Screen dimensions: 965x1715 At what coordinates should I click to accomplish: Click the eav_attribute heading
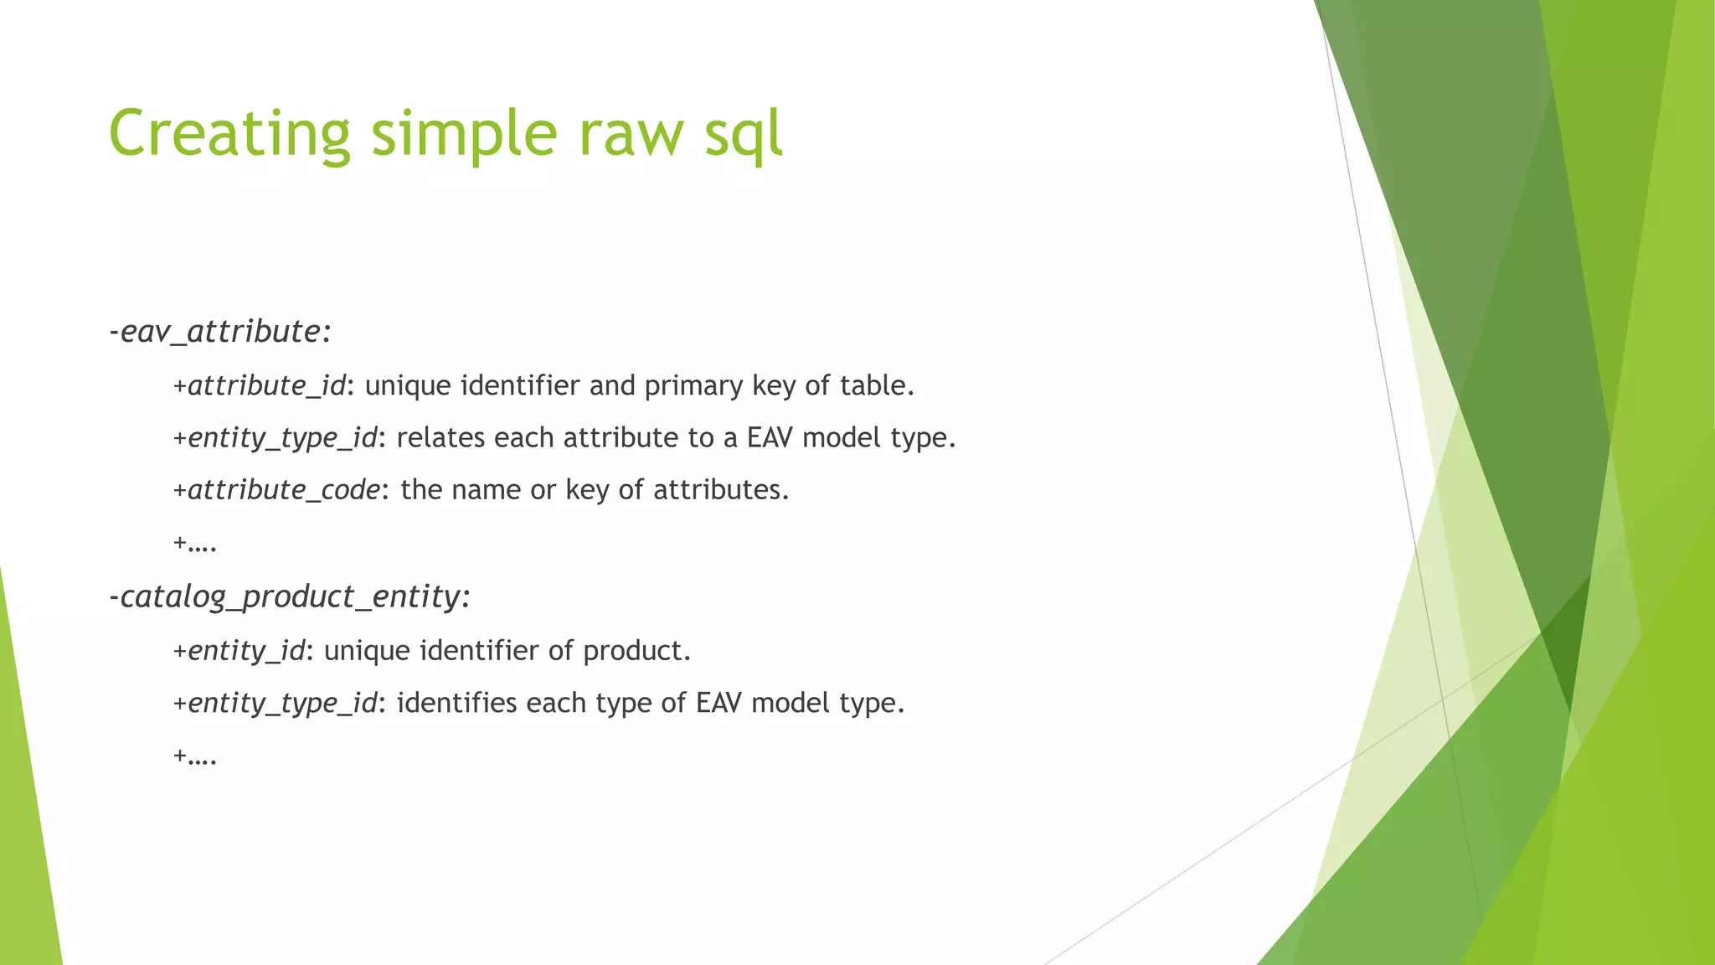pos(220,332)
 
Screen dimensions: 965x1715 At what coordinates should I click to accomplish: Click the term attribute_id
pos(266,385)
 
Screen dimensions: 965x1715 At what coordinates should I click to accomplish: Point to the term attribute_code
pos(284,489)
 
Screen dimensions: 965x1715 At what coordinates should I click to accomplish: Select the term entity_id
pos(246,650)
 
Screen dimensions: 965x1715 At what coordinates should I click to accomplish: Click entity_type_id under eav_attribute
pos(282,438)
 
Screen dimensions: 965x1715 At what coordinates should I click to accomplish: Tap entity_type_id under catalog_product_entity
pos(282,703)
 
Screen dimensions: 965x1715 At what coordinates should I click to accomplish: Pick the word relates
pos(441,437)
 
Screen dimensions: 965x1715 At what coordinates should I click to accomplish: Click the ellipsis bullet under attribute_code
pos(195,544)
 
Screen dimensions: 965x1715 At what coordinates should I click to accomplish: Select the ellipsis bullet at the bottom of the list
pos(195,756)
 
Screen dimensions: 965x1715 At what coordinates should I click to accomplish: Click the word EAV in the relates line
pos(770,437)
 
